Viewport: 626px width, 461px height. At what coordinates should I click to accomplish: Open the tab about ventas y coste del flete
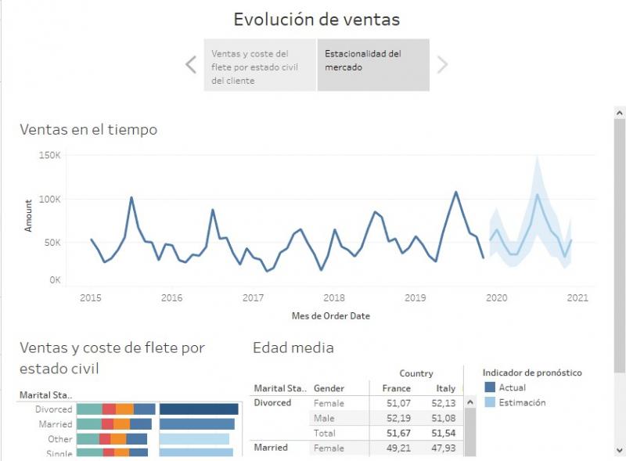pyautogui.click(x=261, y=66)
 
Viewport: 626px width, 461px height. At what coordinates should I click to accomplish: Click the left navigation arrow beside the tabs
pyautogui.click(x=191, y=64)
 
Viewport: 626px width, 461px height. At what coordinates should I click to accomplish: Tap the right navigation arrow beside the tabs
pyautogui.click(x=442, y=64)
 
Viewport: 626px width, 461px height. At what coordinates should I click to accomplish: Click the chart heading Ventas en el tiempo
pyautogui.click(x=88, y=130)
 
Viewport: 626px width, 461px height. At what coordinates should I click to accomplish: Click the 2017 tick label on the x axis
pyautogui.click(x=253, y=297)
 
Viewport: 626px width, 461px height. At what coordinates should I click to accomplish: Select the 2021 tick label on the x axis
pyautogui.click(x=577, y=297)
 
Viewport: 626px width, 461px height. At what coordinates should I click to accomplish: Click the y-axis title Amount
pyautogui.click(x=29, y=214)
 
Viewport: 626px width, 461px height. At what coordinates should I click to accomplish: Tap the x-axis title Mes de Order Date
pyautogui.click(x=330, y=316)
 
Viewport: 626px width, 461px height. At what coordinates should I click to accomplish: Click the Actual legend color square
pyautogui.click(x=490, y=387)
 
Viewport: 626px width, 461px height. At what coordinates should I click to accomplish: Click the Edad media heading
pyautogui.click(x=293, y=348)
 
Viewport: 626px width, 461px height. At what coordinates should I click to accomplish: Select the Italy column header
pyautogui.click(x=445, y=388)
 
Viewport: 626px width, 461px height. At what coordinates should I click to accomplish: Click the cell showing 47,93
pyautogui.click(x=444, y=448)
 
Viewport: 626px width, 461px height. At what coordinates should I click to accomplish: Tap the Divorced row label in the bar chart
pyautogui.click(x=53, y=409)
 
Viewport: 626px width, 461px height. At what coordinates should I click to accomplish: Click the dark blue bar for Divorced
pyautogui.click(x=199, y=409)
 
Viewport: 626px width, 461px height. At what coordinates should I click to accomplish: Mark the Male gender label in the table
pyautogui.click(x=324, y=418)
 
